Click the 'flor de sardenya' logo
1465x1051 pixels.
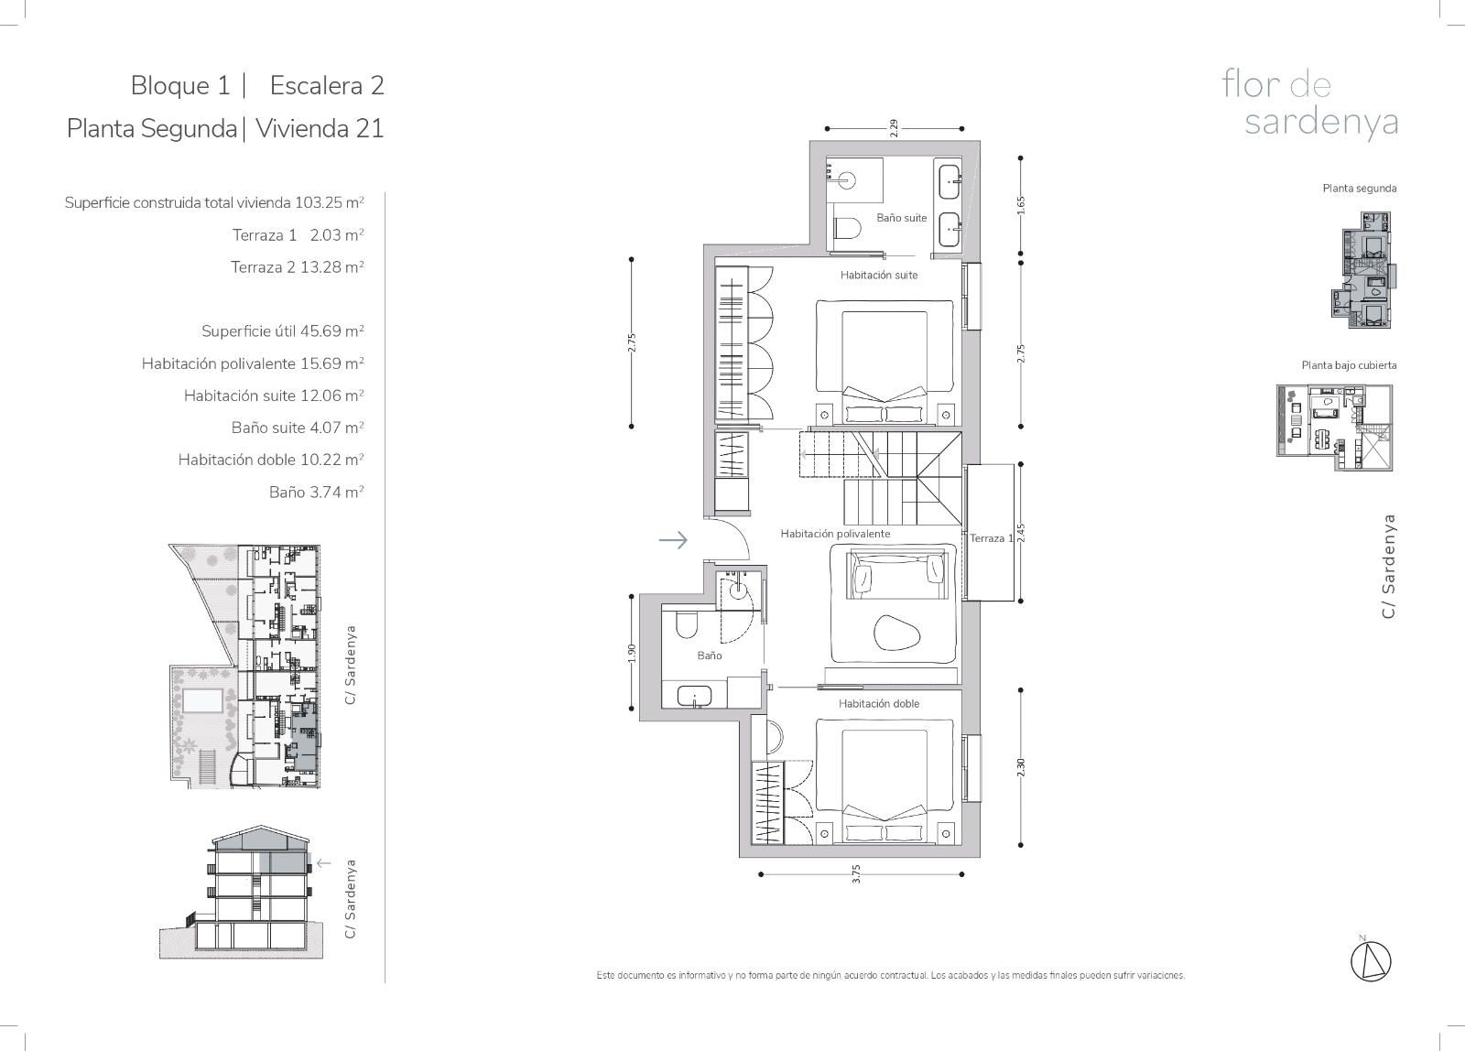(x=1309, y=104)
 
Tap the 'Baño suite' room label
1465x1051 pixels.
(x=901, y=218)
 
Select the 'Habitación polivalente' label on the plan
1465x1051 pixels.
(x=835, y=534)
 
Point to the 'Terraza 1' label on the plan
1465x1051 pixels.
(x=991, y=538)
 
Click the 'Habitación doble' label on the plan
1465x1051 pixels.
(x=878, y=704)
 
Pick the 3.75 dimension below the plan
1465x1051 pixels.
(x=856, y=873)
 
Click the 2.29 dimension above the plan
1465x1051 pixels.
(x=894, y=128)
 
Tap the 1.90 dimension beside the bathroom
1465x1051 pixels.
(x=631, y=653)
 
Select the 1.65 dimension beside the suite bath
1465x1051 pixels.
(x=1021, y=205)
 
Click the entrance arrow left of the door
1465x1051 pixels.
(x=673, y=539)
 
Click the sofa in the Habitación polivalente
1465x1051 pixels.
(x=896, y=574)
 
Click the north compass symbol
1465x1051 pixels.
(x=1371, y=961)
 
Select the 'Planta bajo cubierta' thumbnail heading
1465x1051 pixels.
(x=1349, y=365)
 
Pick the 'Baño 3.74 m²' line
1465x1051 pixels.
(x=316, y=492)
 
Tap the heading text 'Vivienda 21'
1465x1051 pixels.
(x=320, y=128)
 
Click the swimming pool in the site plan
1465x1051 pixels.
(x=202, y=700)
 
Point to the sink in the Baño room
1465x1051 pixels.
(x=693, y=696)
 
